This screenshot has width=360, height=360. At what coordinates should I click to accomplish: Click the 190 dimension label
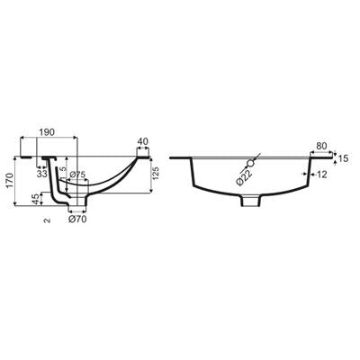click(47, 132)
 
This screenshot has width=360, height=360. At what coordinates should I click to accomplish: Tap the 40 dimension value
click(143, 141)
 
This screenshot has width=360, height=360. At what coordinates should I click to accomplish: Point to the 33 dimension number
click(41, 173)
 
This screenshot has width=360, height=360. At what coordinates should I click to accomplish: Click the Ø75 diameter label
click(77, 175)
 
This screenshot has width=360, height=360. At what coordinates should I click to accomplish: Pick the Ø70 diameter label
click(77, 220)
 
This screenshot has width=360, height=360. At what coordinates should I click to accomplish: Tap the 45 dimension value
click(36, 199)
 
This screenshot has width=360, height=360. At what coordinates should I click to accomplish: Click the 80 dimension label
click(321, 146)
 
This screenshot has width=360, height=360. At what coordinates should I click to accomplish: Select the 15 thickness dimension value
click(344, 158)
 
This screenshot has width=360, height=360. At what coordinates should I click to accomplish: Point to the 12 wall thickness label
click(321, 175)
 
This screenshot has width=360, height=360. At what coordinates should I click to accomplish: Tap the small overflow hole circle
click(250, 164)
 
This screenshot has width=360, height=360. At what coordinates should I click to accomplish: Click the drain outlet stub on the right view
click(250, 201)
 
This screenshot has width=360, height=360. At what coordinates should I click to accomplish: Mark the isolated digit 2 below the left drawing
click(47, 220)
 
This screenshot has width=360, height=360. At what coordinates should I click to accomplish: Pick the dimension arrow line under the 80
click(321, 152)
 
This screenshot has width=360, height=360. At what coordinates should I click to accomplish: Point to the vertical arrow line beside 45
click(41, 199)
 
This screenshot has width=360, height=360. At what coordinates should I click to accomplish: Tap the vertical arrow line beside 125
click(151, 175)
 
